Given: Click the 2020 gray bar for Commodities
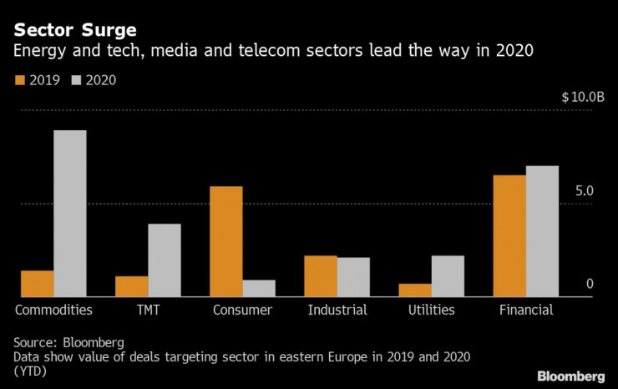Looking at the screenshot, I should click(70, 213).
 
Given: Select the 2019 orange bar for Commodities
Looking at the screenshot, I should click(37, 283).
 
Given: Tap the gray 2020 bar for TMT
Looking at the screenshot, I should click(165, 260).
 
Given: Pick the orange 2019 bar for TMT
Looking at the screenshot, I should click(132, 286).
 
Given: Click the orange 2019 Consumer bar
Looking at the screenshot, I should click(225, 241).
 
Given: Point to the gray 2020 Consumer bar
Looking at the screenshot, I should click(259, 288).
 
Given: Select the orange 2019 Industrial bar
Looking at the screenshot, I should click(321, 275).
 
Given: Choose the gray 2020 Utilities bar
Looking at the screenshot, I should click(448, 275).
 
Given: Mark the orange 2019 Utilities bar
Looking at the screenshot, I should click(415, 290).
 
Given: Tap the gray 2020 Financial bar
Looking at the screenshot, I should click(542, 231).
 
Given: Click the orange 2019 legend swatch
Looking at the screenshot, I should click(19, 81).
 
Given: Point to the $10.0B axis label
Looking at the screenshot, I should click(583, 97).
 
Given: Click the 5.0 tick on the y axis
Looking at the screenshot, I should click(584, 191).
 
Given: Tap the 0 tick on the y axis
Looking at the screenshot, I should click(590, 285).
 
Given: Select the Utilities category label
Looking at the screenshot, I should click(432, 311).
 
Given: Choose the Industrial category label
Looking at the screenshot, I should click(337, 311).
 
